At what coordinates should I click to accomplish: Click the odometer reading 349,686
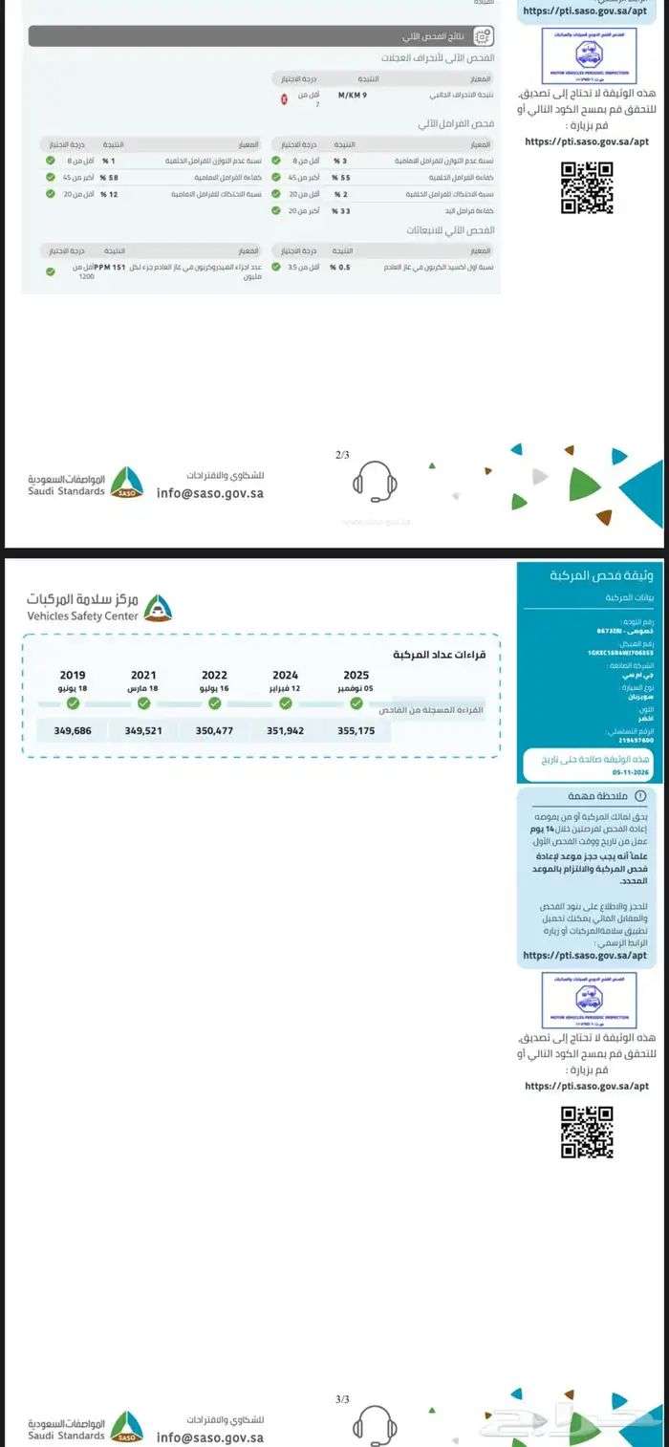pos(73,730)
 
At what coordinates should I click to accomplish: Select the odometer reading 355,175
pos(356,730)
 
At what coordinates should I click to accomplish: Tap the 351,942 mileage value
pos(285,730)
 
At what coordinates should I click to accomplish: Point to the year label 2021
pos(143,675)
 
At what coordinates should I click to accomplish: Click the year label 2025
pos(356,675)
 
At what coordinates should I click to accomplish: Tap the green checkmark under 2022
pos(214,703)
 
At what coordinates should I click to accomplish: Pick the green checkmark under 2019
pos(73,703)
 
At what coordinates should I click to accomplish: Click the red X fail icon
pos(284,99)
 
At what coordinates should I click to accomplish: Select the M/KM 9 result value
pos(353,96)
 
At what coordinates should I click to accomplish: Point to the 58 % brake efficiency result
pos(108,178)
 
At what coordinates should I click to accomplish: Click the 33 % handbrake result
pos(339,210)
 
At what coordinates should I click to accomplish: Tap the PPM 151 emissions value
pos(113,268)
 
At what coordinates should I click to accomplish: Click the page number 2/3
pos(342,456)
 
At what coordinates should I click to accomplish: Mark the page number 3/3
pos(342,1399)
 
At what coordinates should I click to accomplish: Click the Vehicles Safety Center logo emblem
pos(159,608)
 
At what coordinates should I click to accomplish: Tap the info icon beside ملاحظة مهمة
pos(640,795)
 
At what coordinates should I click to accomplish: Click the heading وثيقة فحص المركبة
pos(601,575)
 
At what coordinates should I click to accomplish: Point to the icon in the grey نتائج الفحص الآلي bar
pos(483,36)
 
